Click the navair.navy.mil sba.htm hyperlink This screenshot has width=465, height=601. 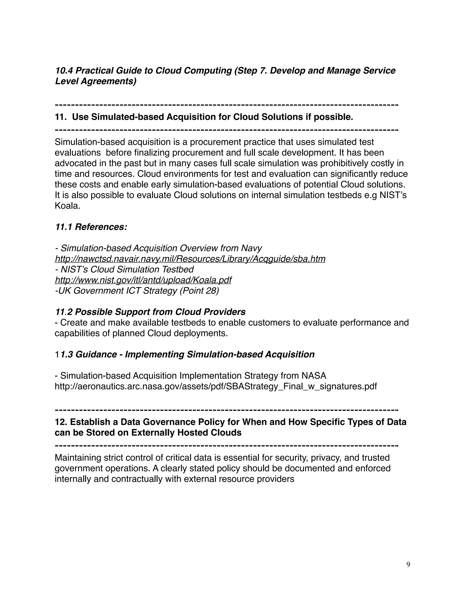tap(190, 259)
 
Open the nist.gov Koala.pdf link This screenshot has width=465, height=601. tap(143, 280)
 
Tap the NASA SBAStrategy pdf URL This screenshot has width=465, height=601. tap(216, 386)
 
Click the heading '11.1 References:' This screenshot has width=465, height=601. tap(91, 227)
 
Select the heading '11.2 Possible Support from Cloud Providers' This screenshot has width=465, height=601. tap(150, 312)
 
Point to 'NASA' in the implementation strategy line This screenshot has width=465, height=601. tap(314, 376)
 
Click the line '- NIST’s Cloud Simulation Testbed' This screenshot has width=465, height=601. tap(124, 269)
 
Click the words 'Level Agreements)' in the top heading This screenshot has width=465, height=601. tap(96, 81)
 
